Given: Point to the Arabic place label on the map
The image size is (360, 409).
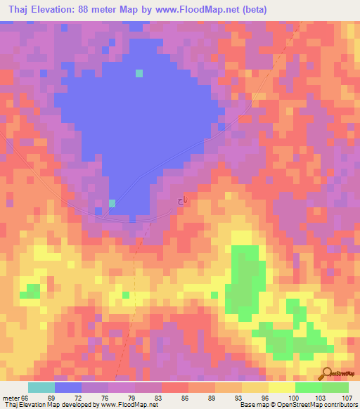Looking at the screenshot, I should pyautogui.click(x=182, y=202).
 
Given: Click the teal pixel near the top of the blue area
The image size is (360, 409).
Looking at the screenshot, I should pyautogui.click(x=139, y=73).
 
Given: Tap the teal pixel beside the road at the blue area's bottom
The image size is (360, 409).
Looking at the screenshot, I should pyautogui.click(x=112, y=204).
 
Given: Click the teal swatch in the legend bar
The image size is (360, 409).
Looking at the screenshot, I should pyautogui.click(x=41, y=387).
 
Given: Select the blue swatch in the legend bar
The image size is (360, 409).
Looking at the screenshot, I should pyautogui.click(x=68, y=387).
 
